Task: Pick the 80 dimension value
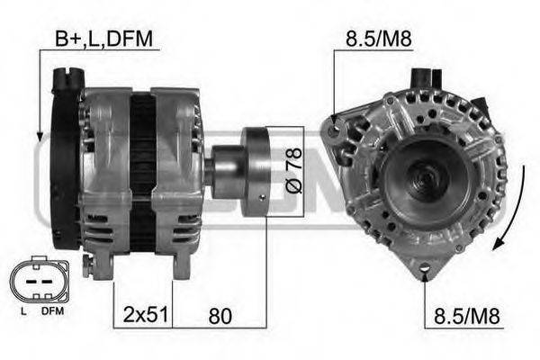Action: (219, 316)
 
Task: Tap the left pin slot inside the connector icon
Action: (30, 281)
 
